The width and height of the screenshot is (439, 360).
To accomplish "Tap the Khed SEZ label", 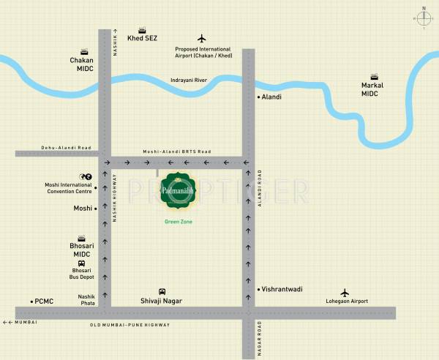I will click(x=142, y=37).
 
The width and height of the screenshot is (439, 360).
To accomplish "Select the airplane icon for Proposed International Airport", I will click(x=203, y=38).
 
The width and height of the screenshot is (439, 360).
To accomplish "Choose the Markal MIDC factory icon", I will click(x=374, y=76).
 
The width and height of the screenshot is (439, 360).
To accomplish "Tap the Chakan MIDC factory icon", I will click(x=85, y=51).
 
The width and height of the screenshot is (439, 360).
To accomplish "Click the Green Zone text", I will click(x=177, y=221).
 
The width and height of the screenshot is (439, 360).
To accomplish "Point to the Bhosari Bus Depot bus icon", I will click(x=81, y=263).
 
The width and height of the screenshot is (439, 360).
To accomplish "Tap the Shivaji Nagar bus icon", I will click(x=162, y=290).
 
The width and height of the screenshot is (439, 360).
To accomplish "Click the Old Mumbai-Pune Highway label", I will click(x=129, y=324).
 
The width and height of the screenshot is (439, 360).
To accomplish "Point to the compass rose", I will click(x=423, y=18).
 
